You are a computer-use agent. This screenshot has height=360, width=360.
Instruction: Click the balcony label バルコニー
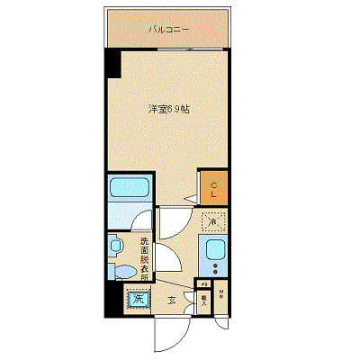pos(168,29)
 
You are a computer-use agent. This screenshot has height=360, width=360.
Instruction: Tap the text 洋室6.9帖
pos(168,110)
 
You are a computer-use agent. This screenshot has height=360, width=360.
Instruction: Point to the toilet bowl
pos(120,270)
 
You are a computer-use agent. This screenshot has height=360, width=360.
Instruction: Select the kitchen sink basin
pos(215,250)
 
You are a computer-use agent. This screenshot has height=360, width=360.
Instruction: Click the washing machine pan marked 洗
pos(138,299)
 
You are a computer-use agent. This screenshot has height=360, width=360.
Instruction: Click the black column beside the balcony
pos(112,63)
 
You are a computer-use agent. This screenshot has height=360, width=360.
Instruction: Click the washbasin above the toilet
pos(115,245)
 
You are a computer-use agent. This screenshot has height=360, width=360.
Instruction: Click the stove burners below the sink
pos(215,268)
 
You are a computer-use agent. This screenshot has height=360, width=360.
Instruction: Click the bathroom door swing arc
pos(171,225)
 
